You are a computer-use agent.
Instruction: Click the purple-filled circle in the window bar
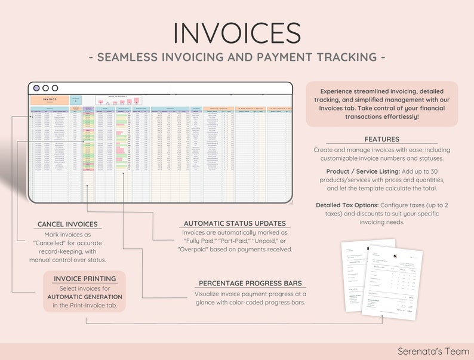[x=36, y=88]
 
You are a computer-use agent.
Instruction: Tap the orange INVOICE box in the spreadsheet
[x=50, y=100]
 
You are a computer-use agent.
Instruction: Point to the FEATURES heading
[x=382, y=139]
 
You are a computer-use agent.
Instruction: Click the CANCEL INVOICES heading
[x=67, y=224]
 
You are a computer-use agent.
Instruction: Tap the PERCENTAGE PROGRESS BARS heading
[x=250, y=283]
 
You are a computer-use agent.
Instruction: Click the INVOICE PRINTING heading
[x=84, y=278]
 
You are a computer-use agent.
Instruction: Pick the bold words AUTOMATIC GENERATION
[x=85, y=297]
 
